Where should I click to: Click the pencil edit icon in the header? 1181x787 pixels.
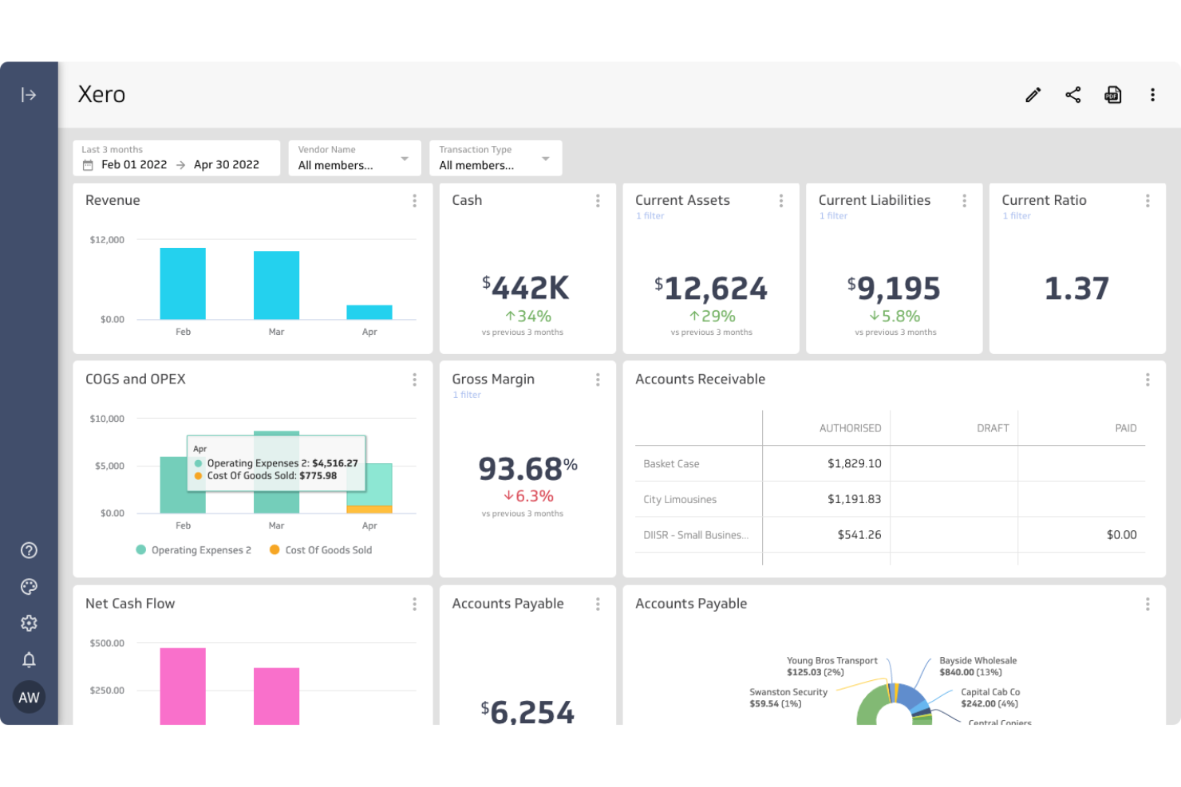(1033, 95)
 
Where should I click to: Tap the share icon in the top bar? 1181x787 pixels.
(1072, 95)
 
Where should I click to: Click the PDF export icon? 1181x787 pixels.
(1112, 95)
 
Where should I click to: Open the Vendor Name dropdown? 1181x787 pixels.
(354, 159)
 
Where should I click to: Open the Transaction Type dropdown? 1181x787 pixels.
(495, 159)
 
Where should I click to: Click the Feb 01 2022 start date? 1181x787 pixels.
(134, 165)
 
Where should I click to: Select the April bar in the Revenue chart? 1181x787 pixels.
(369, 313)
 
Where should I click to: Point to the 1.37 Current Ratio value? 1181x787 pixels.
(1076, 288)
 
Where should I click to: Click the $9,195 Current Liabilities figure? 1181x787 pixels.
(894, 288)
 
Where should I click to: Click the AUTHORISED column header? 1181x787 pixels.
(850, 428)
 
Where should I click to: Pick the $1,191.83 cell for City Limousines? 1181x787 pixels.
(854, 499)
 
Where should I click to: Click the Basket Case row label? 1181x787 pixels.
(671, 464)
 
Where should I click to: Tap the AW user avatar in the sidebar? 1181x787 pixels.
(29, 697)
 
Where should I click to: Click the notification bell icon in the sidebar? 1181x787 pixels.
(29, 659)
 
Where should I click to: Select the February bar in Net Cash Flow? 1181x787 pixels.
(183, 686)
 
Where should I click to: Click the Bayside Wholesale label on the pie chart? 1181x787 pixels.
(978, 661)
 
